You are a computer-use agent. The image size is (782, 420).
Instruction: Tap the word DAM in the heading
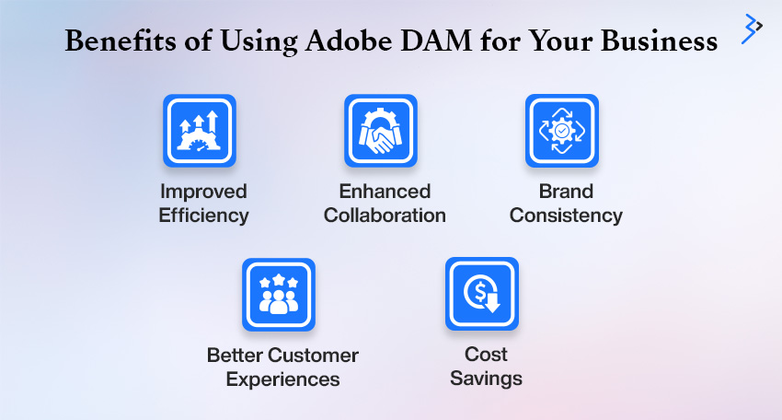click(x=436, y=41)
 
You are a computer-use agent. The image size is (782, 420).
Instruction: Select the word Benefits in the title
click(x=121, y=41)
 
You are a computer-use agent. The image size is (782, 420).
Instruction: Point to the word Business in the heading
click(x=659, y=41)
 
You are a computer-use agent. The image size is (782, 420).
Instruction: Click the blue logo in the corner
click(x=752, y=29)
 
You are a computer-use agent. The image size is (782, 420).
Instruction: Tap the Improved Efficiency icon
click(x=200, y=131)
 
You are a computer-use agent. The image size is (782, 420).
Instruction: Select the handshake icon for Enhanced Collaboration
click(x=381, y=131)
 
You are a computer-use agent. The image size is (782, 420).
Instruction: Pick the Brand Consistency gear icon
click(x=561, y=131)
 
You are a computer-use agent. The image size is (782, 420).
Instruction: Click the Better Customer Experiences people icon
click(x=279, y=295)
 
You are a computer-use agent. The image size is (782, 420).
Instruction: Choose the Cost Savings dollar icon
click(x=482, y=294)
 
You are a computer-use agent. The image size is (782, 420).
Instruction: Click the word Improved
click(x=203, y=192)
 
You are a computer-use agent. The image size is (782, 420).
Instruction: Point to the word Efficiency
click(x=203, y=216)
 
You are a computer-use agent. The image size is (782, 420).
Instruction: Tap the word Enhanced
click(x=385, y=192)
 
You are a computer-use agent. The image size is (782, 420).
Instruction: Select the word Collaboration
click(x=385, y=216)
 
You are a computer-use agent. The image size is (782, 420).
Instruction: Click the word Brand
click(x=566, y=192)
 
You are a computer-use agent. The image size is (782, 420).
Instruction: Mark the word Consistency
click(x=566, y=216)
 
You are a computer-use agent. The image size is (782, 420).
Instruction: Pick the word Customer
click(x=313, y=356)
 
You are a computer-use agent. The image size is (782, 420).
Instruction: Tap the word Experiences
click(x=282, y=379)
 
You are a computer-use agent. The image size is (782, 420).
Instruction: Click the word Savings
click(x=487, y=379)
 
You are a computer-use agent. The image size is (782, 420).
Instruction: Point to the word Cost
click(x=487, y=354)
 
